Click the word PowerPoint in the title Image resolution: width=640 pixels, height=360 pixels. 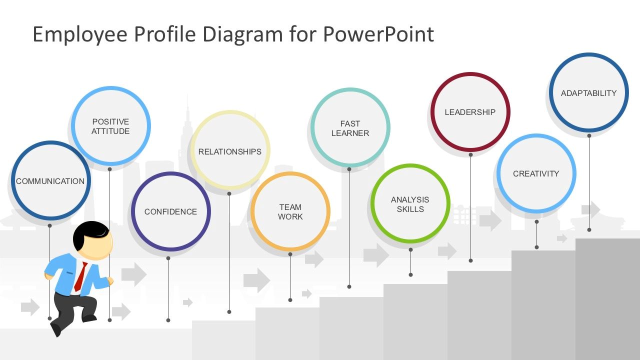tap(378, 34)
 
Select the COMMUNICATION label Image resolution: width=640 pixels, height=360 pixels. tap(50, 181)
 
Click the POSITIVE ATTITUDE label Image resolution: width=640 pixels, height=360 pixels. tap(110, 126)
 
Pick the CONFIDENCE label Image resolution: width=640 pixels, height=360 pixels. tap(170, 211)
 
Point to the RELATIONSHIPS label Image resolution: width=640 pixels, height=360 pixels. tap(229, 151)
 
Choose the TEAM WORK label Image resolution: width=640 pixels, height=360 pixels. tap(290, 211)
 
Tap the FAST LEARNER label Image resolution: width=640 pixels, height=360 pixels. tap(350, 128)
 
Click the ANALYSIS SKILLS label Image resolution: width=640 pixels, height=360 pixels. tap(410, 204)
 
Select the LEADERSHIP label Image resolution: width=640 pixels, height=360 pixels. tap(470, 112)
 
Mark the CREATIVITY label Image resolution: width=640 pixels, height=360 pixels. tap(536, 173)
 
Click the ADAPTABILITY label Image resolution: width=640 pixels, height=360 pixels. tap(588, 93)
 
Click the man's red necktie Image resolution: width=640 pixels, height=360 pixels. tap(80, 276)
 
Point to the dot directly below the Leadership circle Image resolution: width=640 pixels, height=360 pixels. tap(470, 155)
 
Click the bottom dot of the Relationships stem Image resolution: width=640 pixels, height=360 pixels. tap(229, 312)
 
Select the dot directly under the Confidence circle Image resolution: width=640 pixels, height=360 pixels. tap(168, 258)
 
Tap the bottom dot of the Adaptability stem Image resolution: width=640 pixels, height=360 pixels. tap(589, 229)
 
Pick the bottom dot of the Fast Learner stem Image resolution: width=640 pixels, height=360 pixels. tap(349, 286)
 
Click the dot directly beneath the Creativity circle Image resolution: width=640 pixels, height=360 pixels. tap(536, 221)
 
